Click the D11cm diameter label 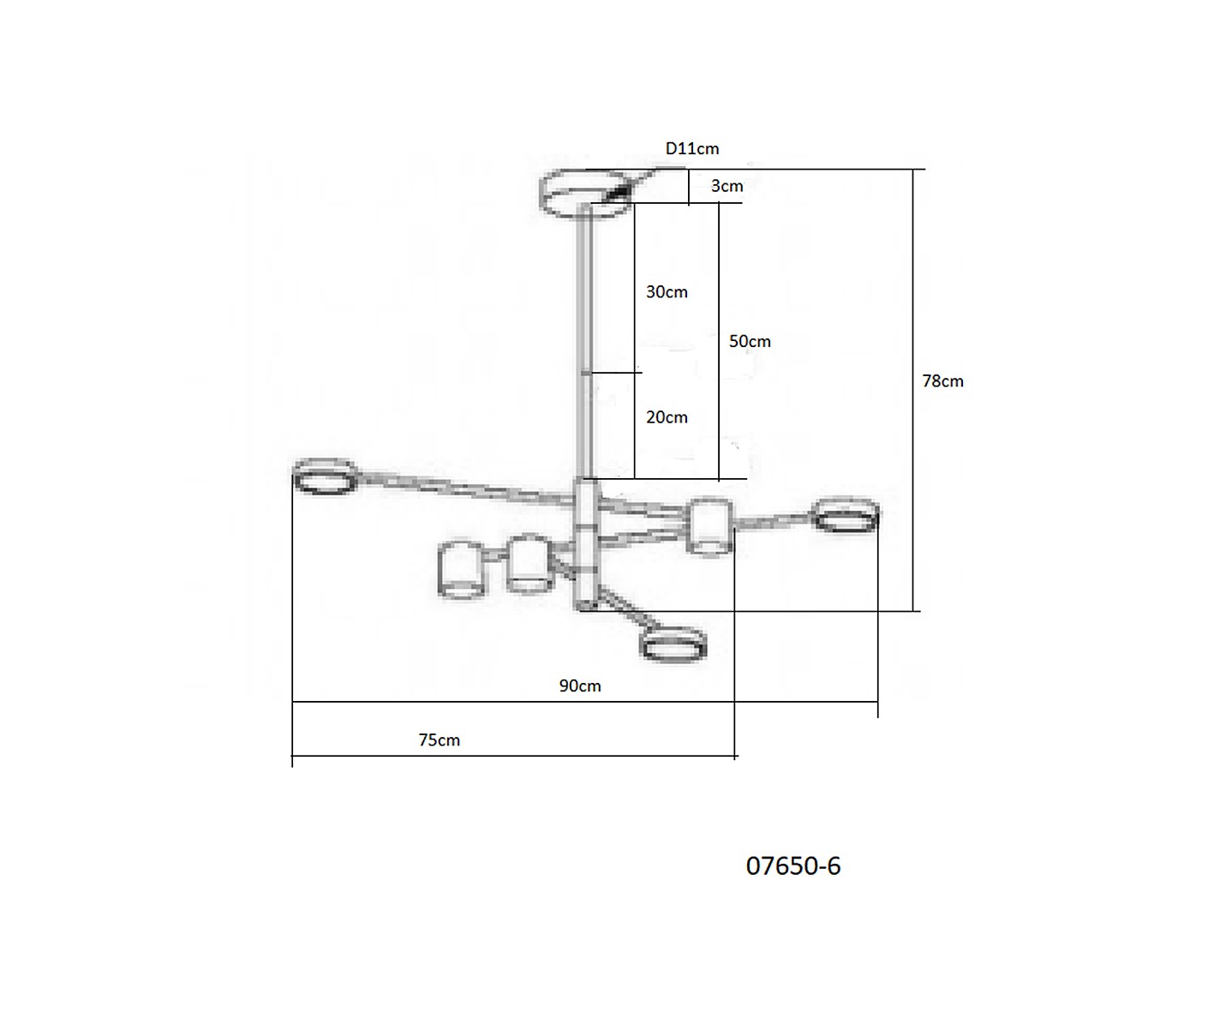(x=692, y=149)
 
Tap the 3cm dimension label (x=727, y=186)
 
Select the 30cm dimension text (x=667, y=292)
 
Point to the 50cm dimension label (x=750, y=341)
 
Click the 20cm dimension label (x=667, y=417)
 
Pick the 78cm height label (x=943, y=381)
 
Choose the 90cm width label (x=580, y=686)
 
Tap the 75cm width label (x=440, y=740)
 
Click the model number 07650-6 (x=793, y=866)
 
